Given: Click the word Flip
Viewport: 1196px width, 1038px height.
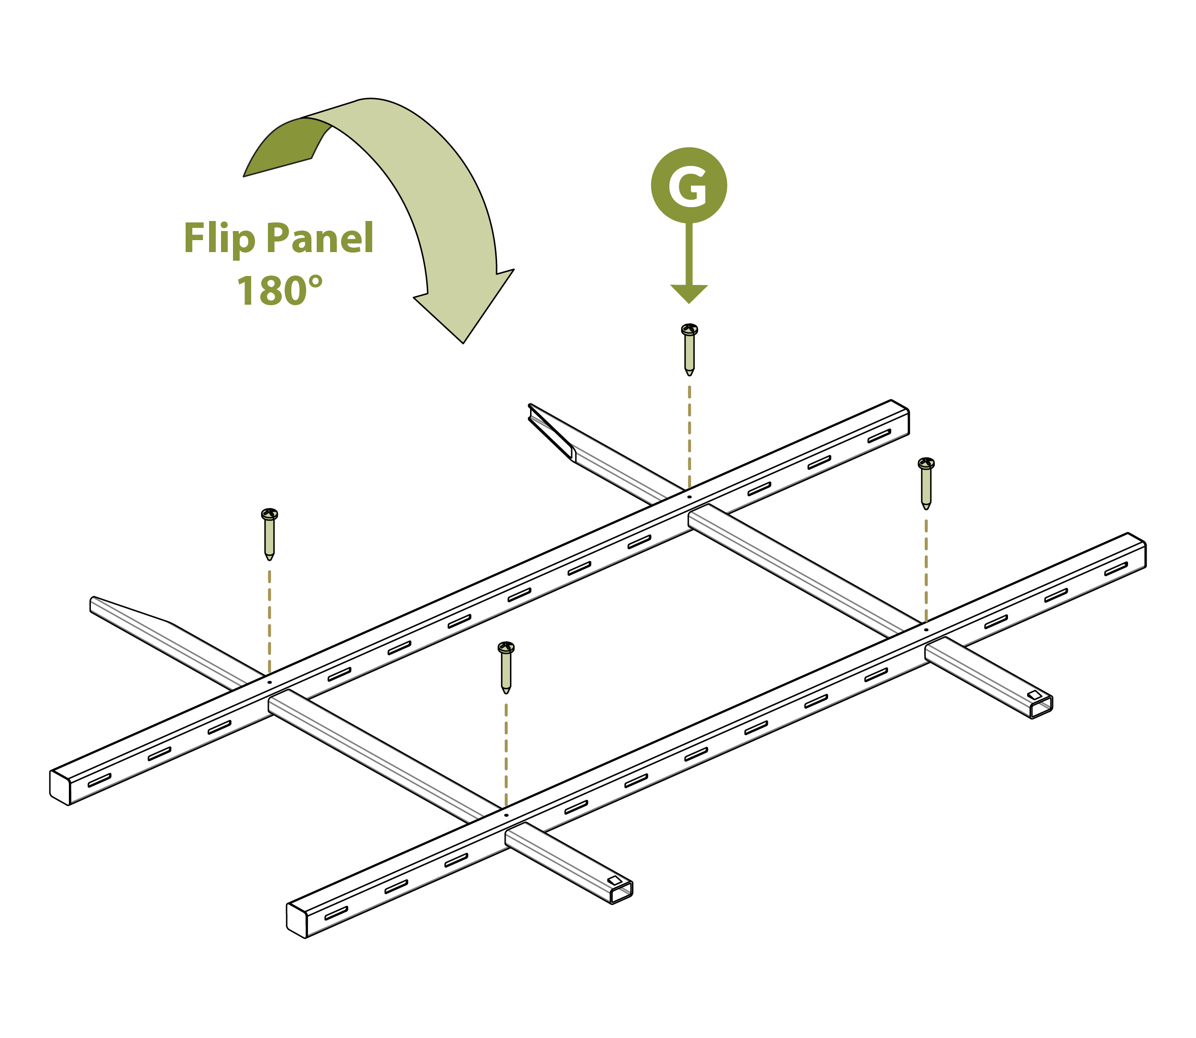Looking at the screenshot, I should (219, 238).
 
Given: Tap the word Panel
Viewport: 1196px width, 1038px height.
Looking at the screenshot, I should (320, 238).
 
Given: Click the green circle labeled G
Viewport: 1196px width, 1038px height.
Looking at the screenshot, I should (688, 186).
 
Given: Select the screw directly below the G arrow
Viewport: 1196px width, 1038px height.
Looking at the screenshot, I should (688, 349).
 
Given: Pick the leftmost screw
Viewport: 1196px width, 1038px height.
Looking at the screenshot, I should (269, 533).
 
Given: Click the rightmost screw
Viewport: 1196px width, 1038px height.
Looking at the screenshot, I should (926, 483).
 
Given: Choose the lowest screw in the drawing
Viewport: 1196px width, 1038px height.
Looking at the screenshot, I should (506, 667).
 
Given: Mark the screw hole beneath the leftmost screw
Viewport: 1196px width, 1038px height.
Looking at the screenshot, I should (269, 682).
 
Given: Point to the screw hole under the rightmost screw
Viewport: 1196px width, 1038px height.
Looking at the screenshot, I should (926, 629).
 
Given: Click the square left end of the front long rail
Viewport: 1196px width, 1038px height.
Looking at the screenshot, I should (296, 919).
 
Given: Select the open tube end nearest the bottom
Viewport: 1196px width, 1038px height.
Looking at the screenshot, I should (621, 893).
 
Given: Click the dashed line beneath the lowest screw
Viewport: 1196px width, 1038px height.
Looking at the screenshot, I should (506, 753).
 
